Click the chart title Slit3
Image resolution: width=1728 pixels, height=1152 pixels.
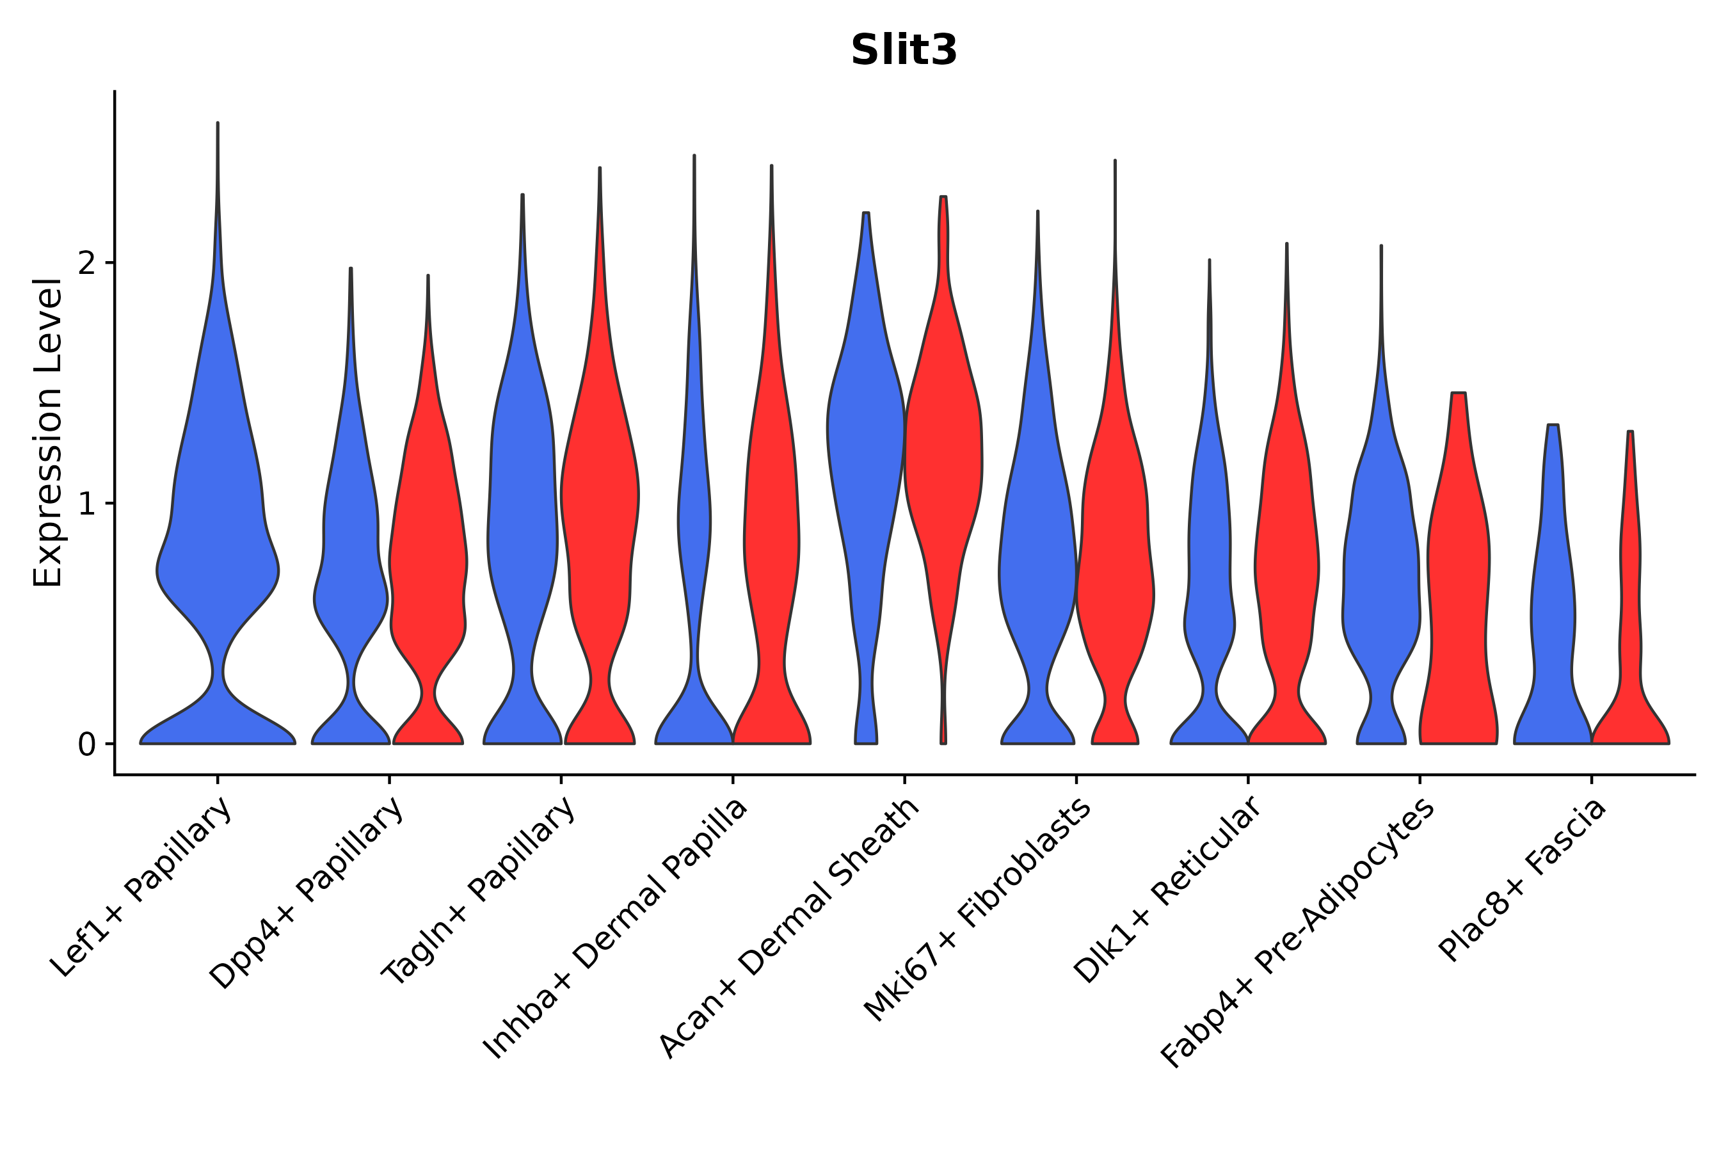coord(904,51)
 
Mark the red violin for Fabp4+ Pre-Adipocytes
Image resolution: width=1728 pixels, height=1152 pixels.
coord(1459,588)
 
